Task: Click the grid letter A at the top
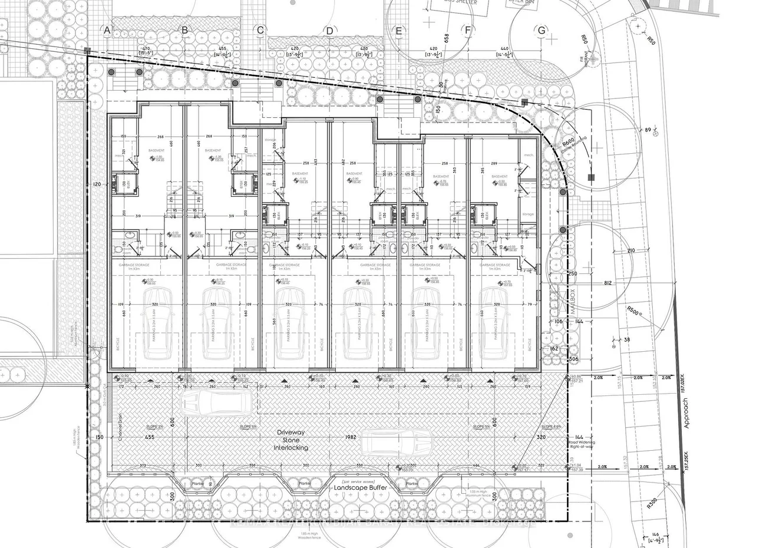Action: pos(107,29)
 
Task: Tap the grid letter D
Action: pos(330,31)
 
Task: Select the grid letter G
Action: pos(541,31)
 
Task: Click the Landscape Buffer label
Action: pos(360,488)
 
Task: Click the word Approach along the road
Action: pos(685,412)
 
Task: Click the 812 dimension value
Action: pos(608,283)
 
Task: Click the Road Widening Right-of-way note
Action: pos(582,444)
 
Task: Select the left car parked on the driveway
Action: pos(216,403)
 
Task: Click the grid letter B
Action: pos(184,29)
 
